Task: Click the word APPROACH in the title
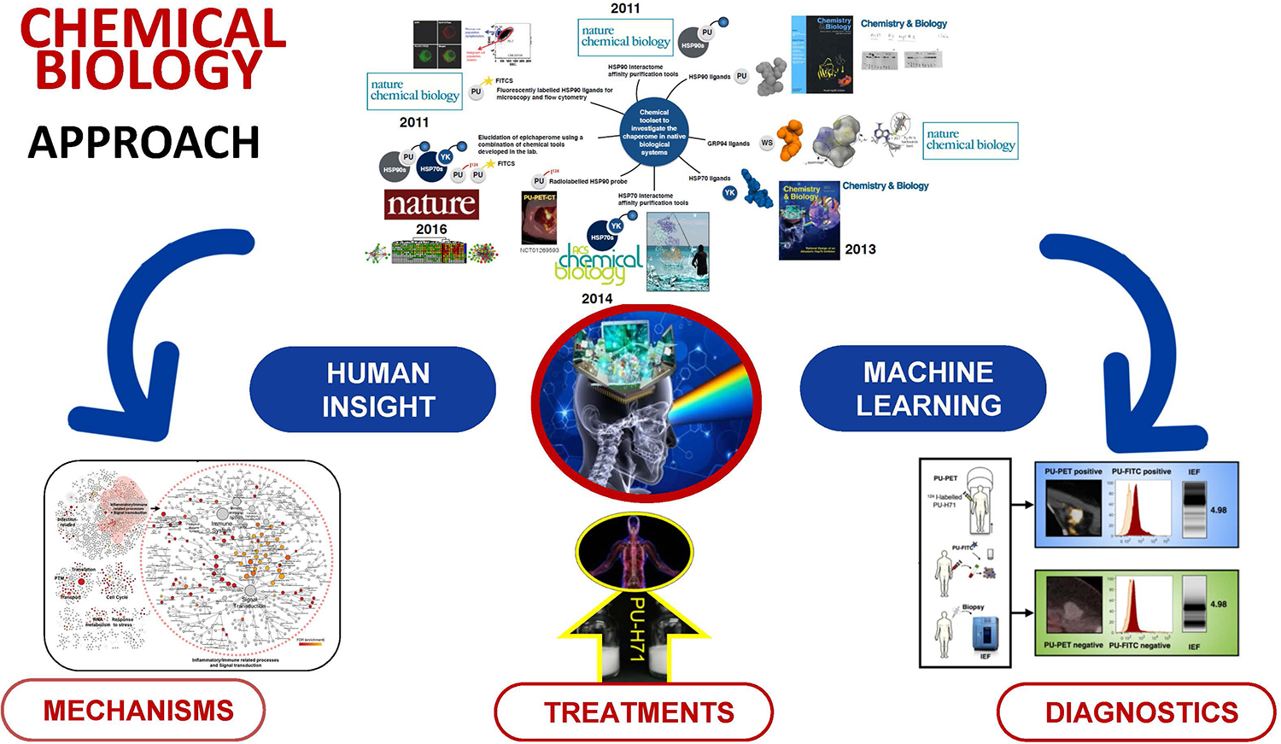[x=143, y=143]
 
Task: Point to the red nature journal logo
[x=431, y=204]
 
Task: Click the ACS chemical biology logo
[x=599, y=261]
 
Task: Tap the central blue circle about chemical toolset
[x=654, y=132]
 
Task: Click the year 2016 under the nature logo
[x=431, y=229]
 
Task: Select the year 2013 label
[x=860, y=249]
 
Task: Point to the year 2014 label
[x=597, y=299]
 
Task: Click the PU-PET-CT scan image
[x=539, y=220]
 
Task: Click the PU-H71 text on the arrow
[x=636, y=629]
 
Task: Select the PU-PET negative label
[x=1073, y=645]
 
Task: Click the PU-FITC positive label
[x=1141, y=472]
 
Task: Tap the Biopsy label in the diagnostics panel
[x=973, y=607]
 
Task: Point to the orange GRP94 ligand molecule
[x=791, y=140]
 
